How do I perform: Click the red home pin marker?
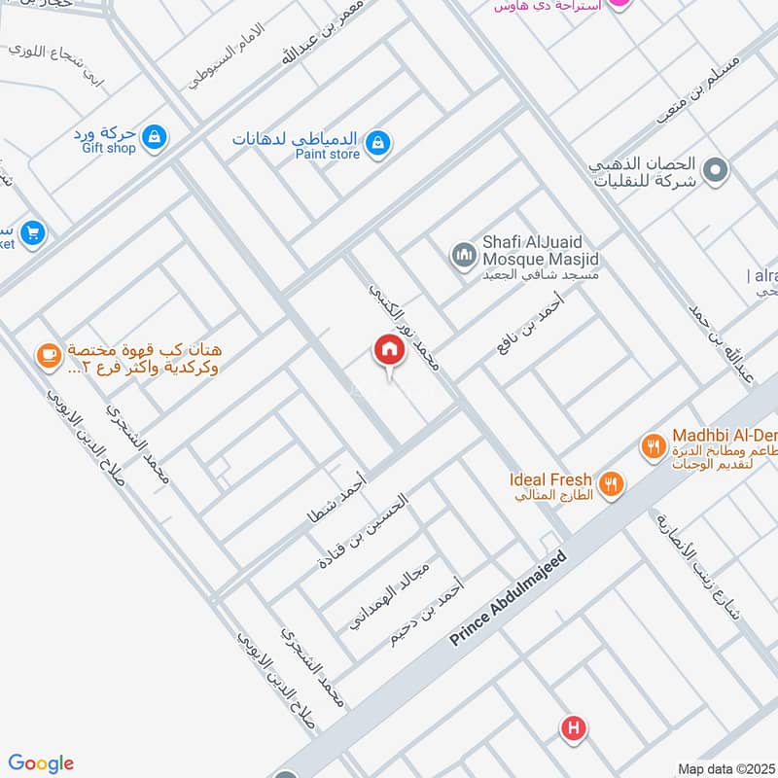pos(389,352)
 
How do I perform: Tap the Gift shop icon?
pos(154,139)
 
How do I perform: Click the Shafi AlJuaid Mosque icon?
pos(463,256)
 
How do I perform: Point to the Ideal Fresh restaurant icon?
pos(611,482)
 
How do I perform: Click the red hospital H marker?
pos(574,727)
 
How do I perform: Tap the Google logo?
pos(41,763)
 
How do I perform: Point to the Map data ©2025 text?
pos(725,768)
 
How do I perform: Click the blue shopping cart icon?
pos(32,233)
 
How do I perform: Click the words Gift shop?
pos(108,148)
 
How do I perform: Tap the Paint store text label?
pos(328,154)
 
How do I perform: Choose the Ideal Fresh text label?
pos(549,478)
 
